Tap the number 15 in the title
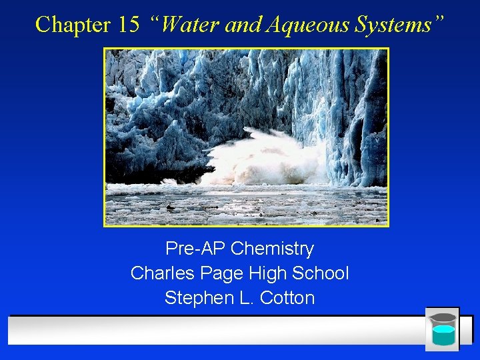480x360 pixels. [x=128, y=25]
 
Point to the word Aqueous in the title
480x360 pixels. [x=299, y=25]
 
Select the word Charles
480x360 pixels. [x=158, y=273]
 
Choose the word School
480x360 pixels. [x=321, y=273]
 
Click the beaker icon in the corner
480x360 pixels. [x=443, y=329]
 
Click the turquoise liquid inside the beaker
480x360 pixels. [x=443, y=335]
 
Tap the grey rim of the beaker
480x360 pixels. [x=443, y=317]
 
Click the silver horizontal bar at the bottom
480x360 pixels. [x=213, y=329]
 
